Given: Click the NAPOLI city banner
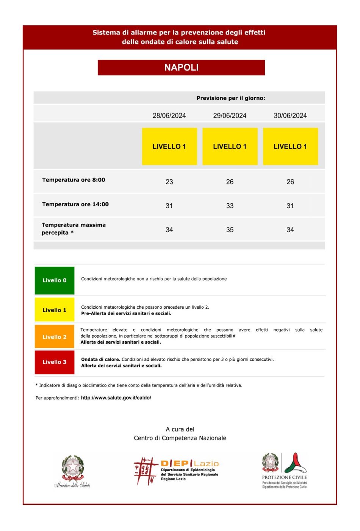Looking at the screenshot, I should [181, 68].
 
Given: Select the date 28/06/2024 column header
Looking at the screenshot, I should [169, 116].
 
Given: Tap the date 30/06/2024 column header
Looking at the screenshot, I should [290, 116].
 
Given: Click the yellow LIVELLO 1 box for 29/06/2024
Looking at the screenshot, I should [230, 146].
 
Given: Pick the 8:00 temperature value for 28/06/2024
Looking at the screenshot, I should [169, 182].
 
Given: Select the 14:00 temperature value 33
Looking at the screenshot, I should [230, 206].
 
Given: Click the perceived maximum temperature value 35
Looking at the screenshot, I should [230, 229].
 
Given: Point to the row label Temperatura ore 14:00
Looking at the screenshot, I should [75, 204].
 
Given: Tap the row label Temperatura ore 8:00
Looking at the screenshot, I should [74, 180].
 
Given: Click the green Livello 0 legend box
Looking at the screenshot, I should [55, 280].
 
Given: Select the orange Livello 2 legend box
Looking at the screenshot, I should [55, 337].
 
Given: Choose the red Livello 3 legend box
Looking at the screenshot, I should [55, 362].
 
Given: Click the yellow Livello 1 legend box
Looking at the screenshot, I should [55, 310].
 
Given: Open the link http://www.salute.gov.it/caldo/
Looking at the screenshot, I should [116, 398].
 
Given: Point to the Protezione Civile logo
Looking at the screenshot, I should [284, 470].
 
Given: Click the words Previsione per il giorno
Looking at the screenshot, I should [230, 98].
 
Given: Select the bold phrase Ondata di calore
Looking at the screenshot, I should [100, 359].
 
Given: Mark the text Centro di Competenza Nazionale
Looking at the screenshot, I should [180, 438].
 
